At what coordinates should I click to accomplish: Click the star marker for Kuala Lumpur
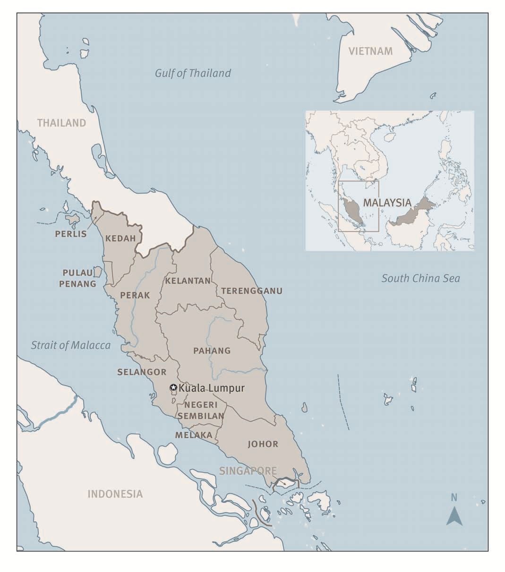(173, 388)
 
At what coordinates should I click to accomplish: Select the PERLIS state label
(71, 234)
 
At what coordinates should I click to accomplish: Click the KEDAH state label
(120, 238)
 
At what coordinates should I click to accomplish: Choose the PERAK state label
(135, 295)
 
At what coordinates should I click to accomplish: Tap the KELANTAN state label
(188, 281)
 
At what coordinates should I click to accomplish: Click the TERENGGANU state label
(252, 290)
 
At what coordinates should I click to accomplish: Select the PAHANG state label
(212, 350)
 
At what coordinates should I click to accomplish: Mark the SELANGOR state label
(142, 372)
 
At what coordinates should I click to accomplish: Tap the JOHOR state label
(263, 444)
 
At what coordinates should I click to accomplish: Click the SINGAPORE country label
(248, 471)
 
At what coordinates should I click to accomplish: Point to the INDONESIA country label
(115, 494)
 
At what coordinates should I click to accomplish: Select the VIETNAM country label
(370, 51)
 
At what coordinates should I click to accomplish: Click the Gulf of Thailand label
(193, 73)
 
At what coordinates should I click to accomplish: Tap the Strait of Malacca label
(71, 345)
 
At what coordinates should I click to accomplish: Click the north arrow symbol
(454, 515)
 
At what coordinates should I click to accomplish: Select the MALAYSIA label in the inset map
(387, 203)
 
